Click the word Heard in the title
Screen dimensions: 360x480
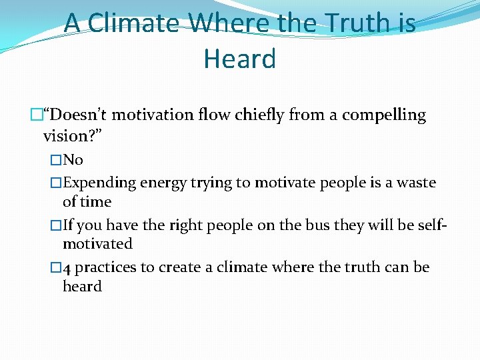coord(239,59)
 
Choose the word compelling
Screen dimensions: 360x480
coord(384,115)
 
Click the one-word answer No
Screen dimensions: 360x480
coord(73,160)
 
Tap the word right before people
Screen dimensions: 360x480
coord(181,225)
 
